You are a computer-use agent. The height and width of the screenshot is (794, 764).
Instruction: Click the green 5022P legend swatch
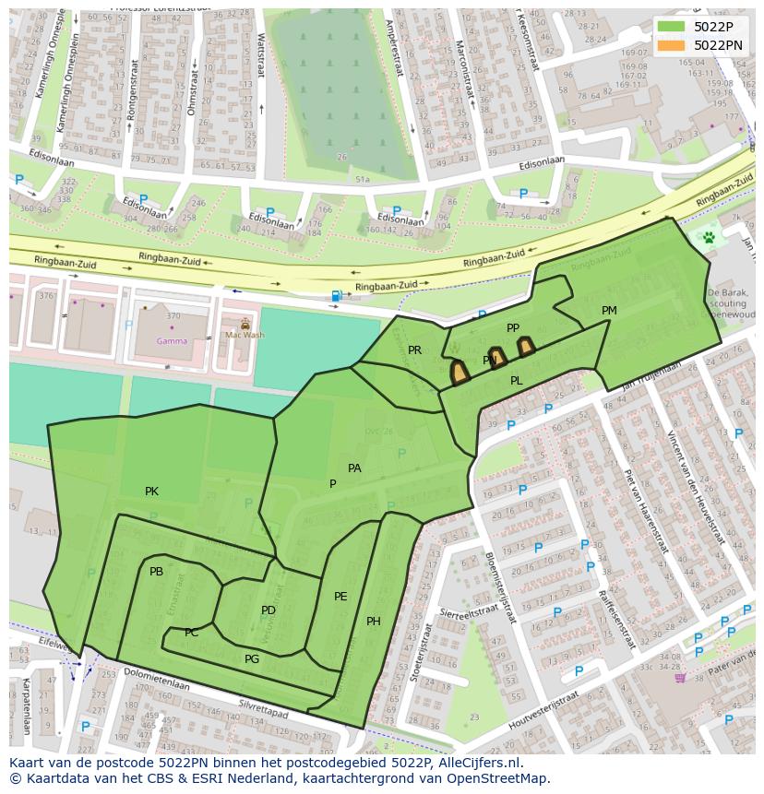(x=672, y=27)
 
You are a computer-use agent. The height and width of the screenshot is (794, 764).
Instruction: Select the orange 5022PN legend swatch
(x=672, y=45)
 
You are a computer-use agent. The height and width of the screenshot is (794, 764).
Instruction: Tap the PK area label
(x=151, y=492)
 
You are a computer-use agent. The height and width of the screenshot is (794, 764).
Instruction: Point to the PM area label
(x=609, y=311)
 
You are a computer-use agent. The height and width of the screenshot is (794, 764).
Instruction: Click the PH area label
(x=374, y=622)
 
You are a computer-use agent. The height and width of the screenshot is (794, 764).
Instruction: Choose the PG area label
(x=252, y=659)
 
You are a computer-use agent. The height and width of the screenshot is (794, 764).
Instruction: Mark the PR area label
(x=414, y=350)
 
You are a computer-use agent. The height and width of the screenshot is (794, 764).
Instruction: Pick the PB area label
(x=156, y=572)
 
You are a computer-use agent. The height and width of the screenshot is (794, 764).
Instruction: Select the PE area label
(x=340, y=597)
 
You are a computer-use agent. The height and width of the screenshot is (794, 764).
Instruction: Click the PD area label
(x=269, y=610)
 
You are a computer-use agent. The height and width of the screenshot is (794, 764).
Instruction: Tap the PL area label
(x=516, y=381)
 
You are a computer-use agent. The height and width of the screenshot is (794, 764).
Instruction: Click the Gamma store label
(x=172, y=340)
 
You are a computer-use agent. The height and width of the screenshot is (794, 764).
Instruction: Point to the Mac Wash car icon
(x=245, y=325)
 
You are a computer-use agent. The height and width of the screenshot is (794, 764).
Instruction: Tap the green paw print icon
(x=709, y=237)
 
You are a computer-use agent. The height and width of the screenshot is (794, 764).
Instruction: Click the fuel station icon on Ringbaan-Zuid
(x=337, y=296)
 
